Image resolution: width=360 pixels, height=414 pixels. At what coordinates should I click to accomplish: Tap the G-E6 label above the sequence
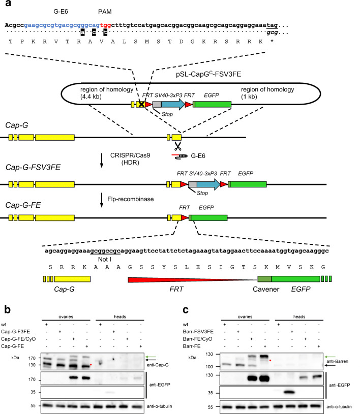pos(62,10)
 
